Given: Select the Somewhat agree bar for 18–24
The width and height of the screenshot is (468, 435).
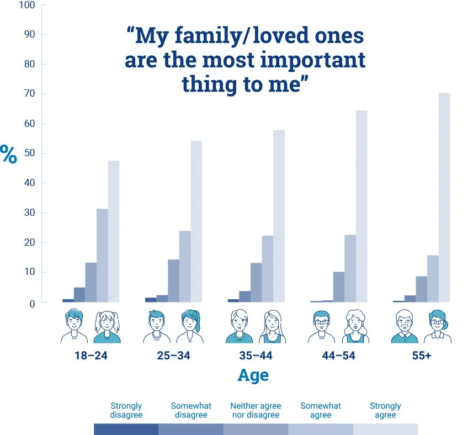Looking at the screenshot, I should (x=102, y=256).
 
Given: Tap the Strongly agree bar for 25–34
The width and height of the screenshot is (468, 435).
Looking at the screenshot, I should (x=196, y=221).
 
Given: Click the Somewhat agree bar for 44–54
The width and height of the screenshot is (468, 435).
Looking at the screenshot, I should (x=350, y=268).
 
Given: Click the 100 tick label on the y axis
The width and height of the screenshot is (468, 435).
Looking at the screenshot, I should (x=26, y=6).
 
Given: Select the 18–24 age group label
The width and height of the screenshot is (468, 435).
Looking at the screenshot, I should (x=91, y=356).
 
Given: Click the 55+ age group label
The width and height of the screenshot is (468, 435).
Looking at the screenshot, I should (x=421, y=356).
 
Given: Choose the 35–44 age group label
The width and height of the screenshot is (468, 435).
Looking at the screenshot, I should (x=256, y=356).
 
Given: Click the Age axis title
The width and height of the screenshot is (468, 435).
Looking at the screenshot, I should (x=253, y=375).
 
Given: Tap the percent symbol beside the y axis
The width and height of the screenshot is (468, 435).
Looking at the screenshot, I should (x=9, y=155).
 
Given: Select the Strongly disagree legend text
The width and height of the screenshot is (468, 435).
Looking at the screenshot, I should (x=126, y=410).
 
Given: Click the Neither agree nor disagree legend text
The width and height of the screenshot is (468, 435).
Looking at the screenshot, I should (x=255, y=410).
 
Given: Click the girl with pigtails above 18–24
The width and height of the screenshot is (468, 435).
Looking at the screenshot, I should (x=107, y=327).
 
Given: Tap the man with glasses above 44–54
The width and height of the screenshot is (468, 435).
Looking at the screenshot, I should (x=322, y=327).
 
